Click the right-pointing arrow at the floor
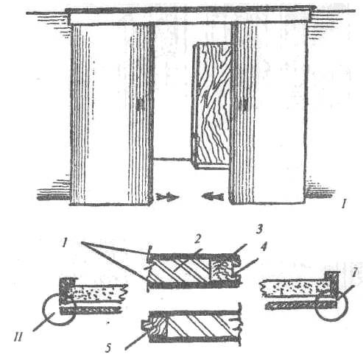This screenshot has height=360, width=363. point(167,197)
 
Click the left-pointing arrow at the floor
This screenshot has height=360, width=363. point(213,197)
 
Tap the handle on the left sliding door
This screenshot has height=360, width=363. point(140,105)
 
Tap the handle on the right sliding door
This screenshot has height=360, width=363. point(245,104)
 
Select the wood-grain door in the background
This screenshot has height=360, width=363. point(211,105)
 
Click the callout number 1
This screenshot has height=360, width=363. point(64,244)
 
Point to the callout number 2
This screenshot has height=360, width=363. point(198,239)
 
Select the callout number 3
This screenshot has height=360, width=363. point(259,229)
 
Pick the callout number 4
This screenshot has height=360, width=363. point(263,247)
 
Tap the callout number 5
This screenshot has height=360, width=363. point(108,347)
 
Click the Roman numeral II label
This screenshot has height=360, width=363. point(18,337)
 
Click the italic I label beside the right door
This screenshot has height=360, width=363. point(345,204)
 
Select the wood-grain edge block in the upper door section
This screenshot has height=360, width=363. point(224,270)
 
